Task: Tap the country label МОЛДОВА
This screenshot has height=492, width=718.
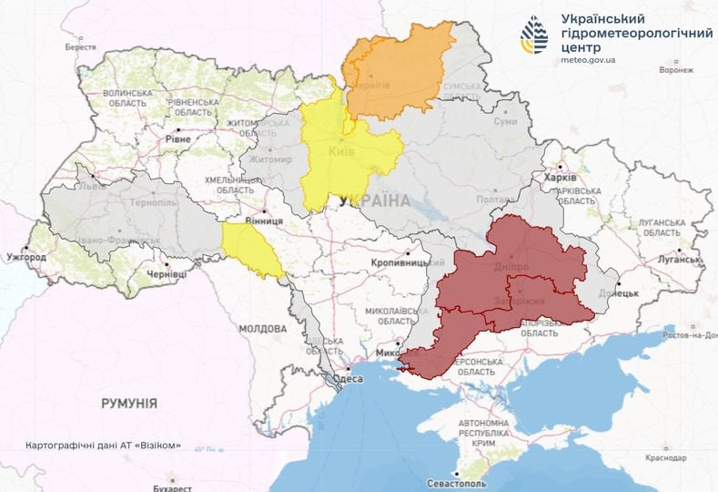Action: click(x=262, y=327)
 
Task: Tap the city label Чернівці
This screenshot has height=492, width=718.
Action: click(x=166, y=273)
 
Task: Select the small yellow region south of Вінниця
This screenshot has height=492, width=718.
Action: click(x=252, y=251)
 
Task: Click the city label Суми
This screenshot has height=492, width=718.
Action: click(x=505, y=121)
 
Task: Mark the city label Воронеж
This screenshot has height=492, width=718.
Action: click(x=683, y=69)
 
